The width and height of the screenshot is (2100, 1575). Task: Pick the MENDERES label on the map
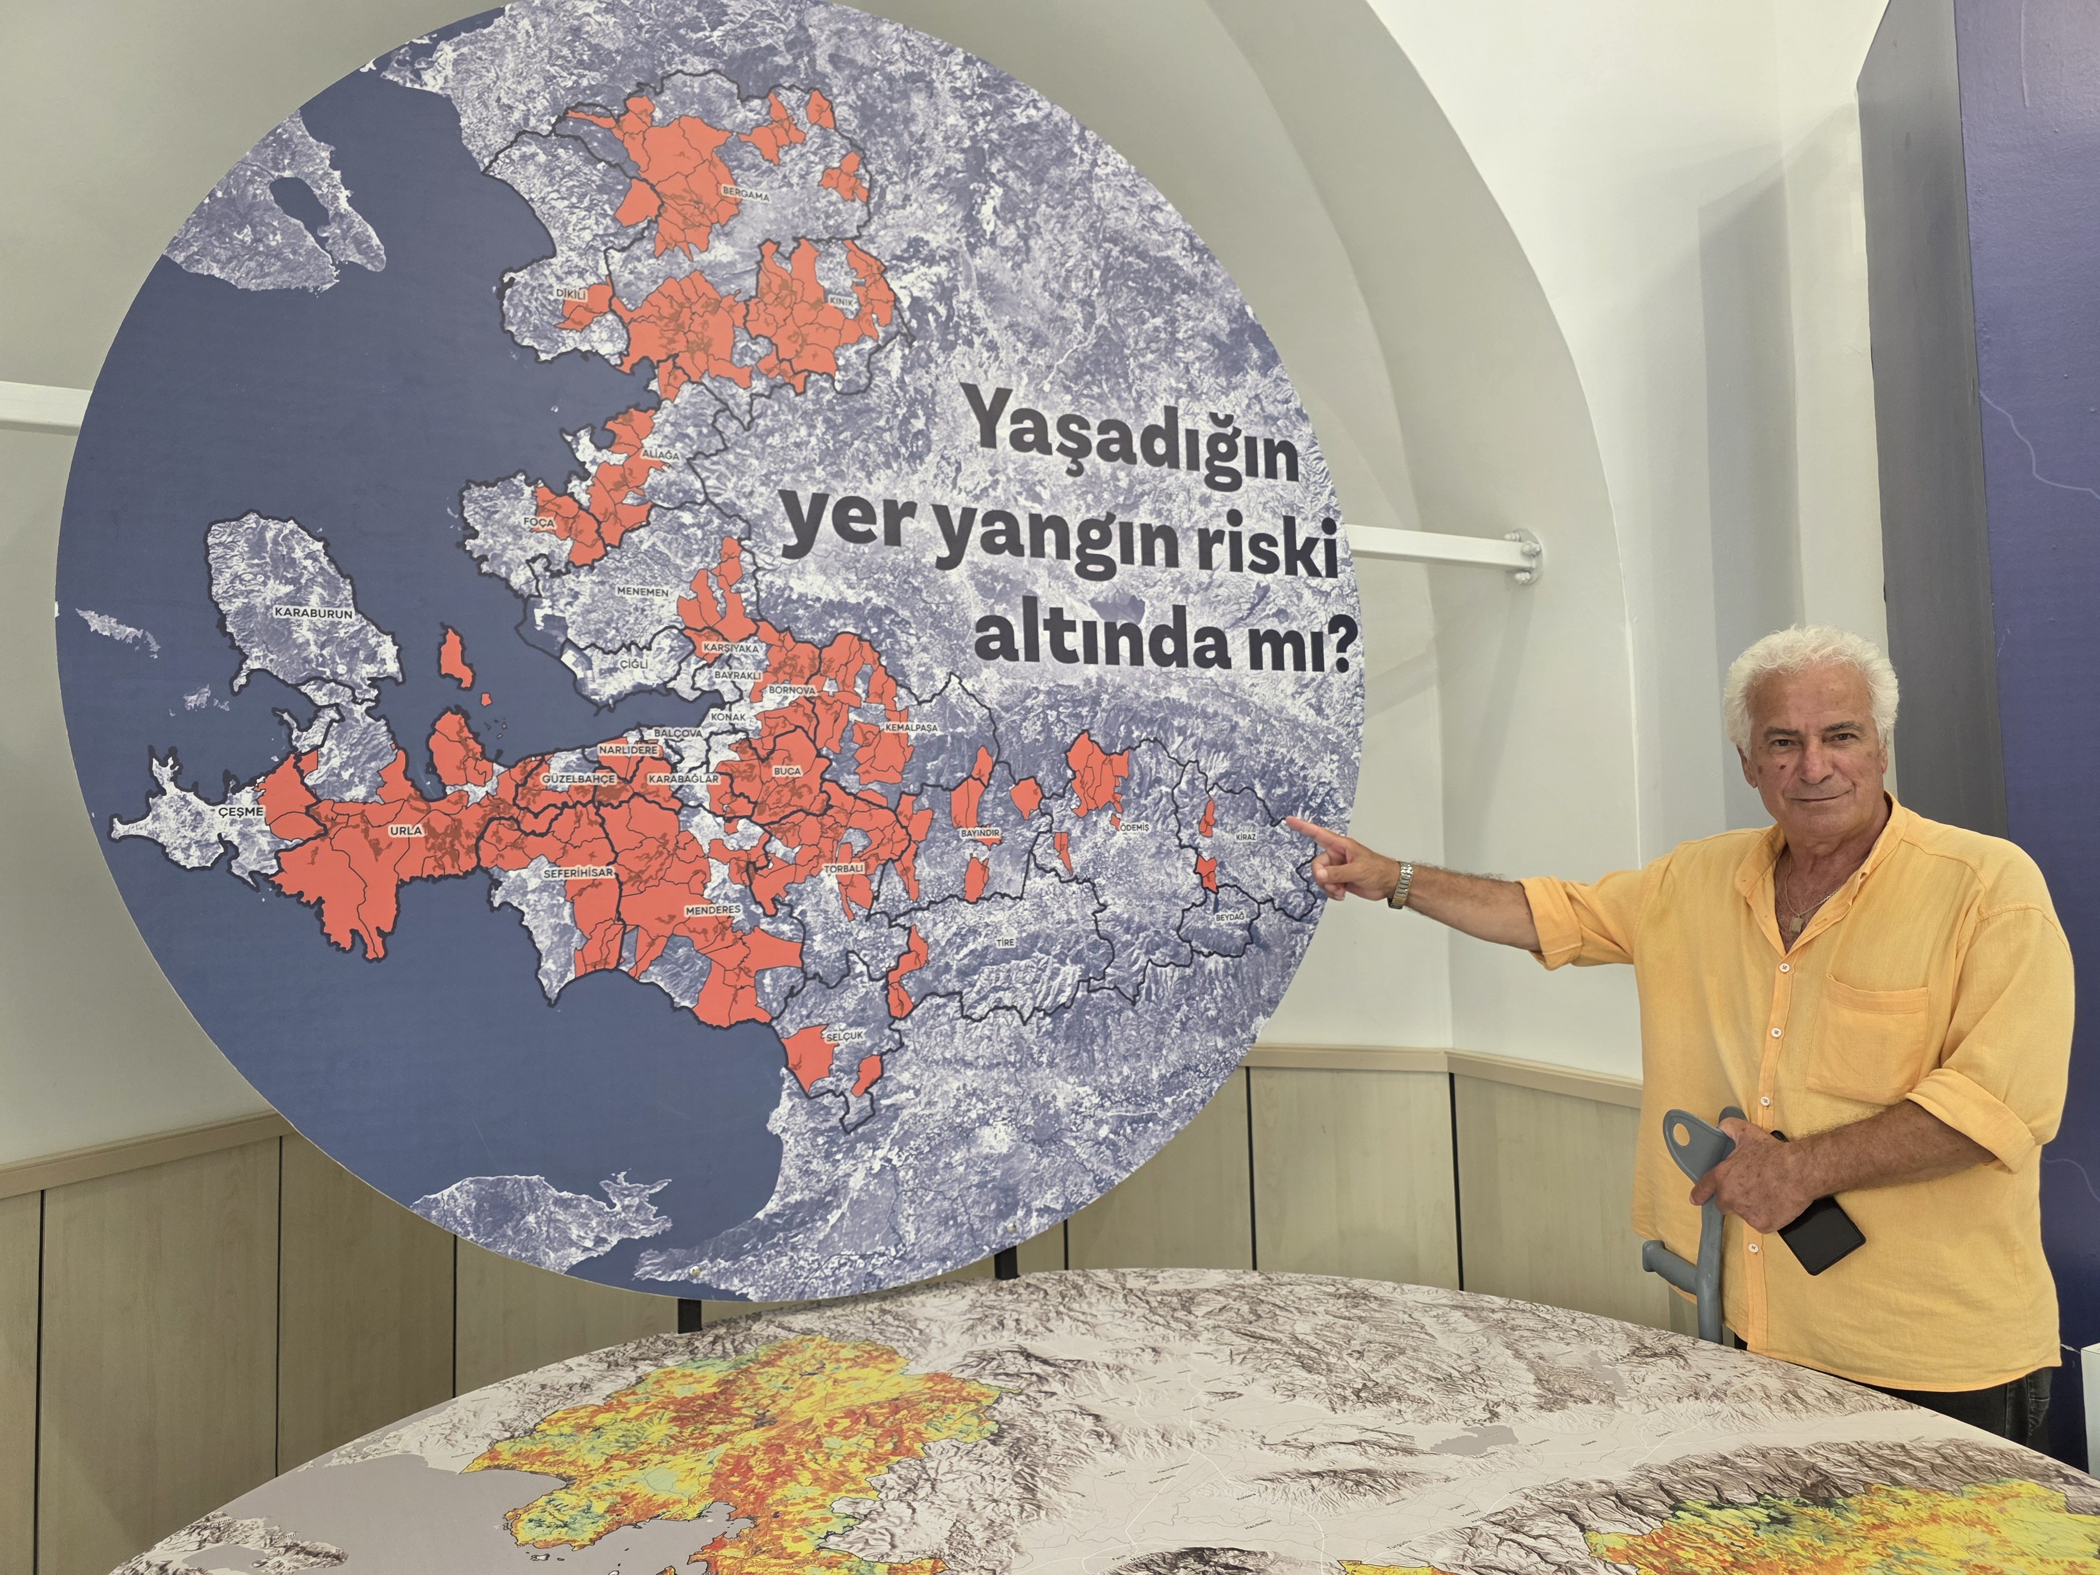click(712, 909)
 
